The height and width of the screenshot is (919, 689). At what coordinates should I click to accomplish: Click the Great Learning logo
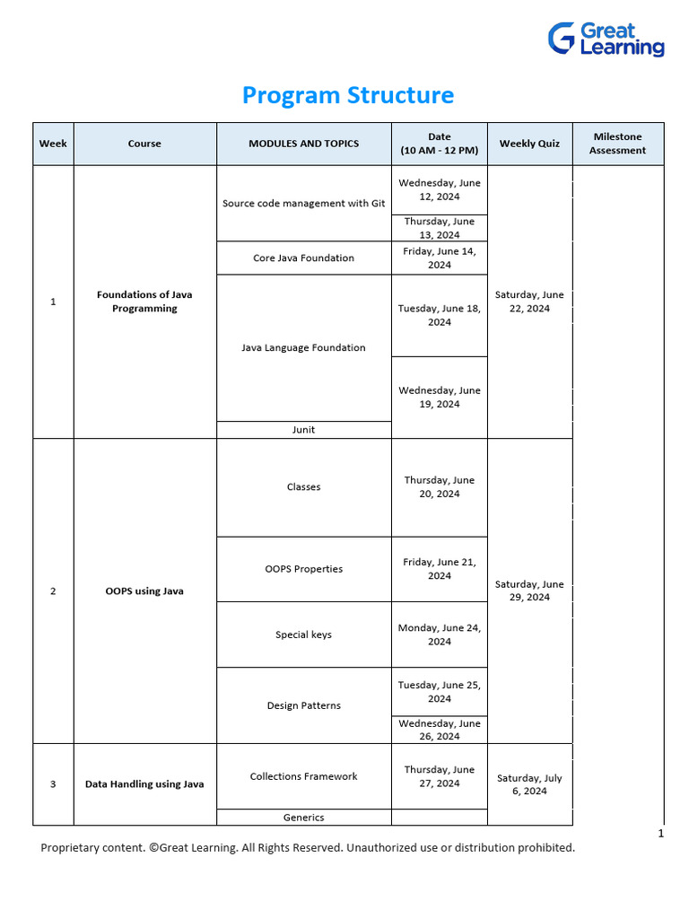click(606, 39)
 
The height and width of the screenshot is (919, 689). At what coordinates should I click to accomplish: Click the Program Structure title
click(348, 95)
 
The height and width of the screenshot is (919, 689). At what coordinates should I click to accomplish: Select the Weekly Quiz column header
click(529, 144)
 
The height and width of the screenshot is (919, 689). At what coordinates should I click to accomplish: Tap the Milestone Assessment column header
click(617, 144)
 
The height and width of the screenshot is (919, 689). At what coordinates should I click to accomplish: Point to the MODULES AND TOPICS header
click(303, 144)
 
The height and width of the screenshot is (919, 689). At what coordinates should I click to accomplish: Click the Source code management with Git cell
click(303, 204)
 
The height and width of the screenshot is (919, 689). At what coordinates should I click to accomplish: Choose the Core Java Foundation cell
click(303, 258)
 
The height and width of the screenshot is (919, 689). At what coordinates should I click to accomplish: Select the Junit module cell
click(303, 430)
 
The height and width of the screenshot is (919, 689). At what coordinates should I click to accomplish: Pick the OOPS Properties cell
click(303, 569)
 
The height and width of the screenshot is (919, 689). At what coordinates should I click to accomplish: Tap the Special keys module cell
click(303, 635)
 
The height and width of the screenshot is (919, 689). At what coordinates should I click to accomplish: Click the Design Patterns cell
click(303, 705)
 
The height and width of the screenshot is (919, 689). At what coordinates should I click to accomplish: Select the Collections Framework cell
click(303, 776)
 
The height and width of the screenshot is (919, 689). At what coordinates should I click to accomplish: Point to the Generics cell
click(303, 818)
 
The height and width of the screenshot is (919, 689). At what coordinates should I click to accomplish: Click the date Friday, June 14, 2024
click(440, 258)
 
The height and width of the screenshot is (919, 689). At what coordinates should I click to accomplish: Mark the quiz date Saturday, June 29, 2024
click(529, 591)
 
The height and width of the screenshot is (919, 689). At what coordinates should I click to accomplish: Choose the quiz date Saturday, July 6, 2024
click(529, 784)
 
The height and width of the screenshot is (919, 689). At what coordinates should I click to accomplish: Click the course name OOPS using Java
click(144, 591)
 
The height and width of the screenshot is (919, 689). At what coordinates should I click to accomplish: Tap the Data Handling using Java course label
click(144, 784)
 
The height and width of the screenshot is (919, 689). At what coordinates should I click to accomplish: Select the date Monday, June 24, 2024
click(440, 635)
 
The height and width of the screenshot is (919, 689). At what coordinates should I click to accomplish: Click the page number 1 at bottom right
click(661, 834)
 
